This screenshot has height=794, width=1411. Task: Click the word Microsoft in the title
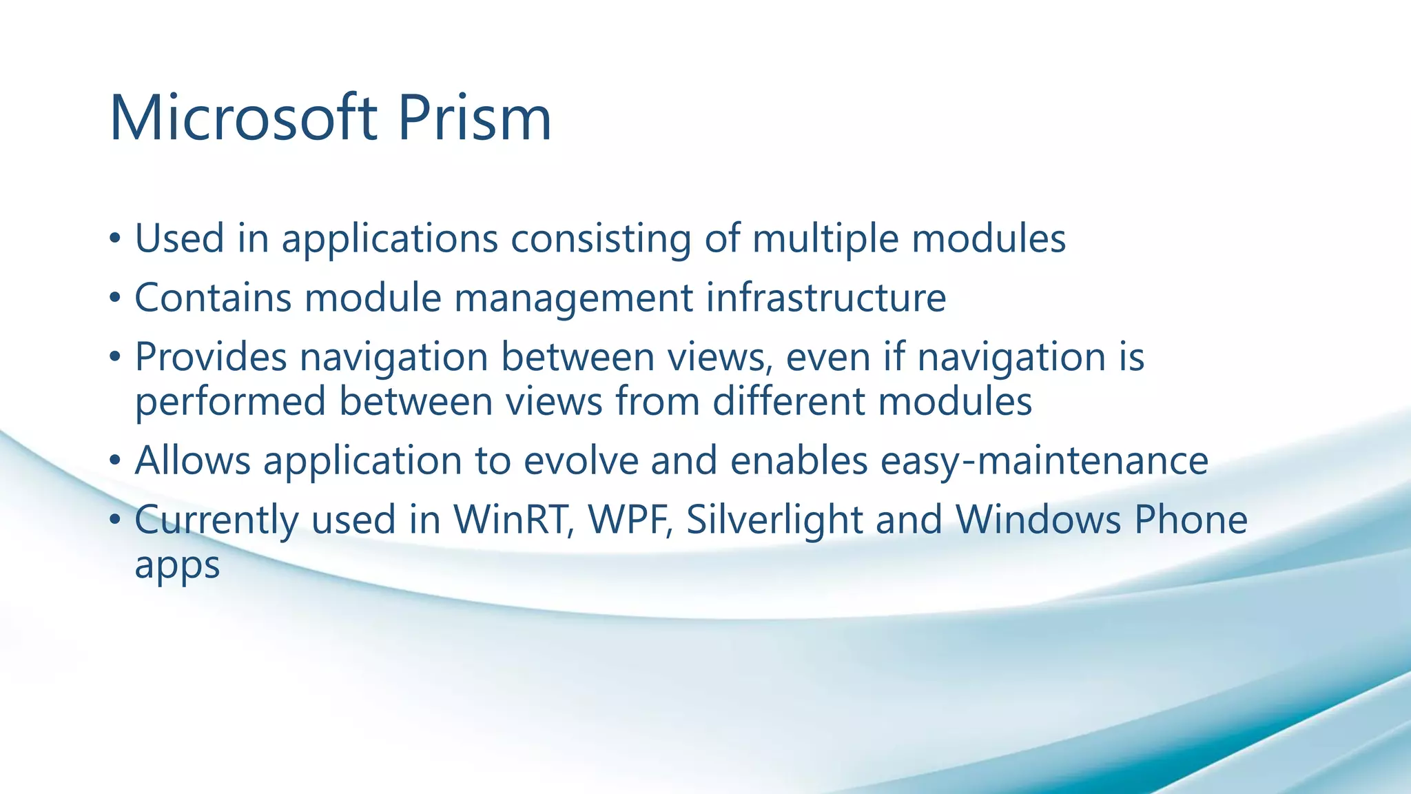[243, 119]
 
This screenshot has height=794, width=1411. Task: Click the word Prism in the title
[475, 119]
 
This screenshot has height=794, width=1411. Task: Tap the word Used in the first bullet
[179, 239]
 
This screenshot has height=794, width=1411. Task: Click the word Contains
[212, 298]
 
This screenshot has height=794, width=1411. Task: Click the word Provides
[210, 358]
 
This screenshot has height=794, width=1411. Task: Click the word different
[788, 402]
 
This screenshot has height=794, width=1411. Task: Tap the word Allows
[192, 461]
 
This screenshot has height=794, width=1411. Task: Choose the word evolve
[581, 461]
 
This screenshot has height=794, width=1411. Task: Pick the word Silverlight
[774, 520]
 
